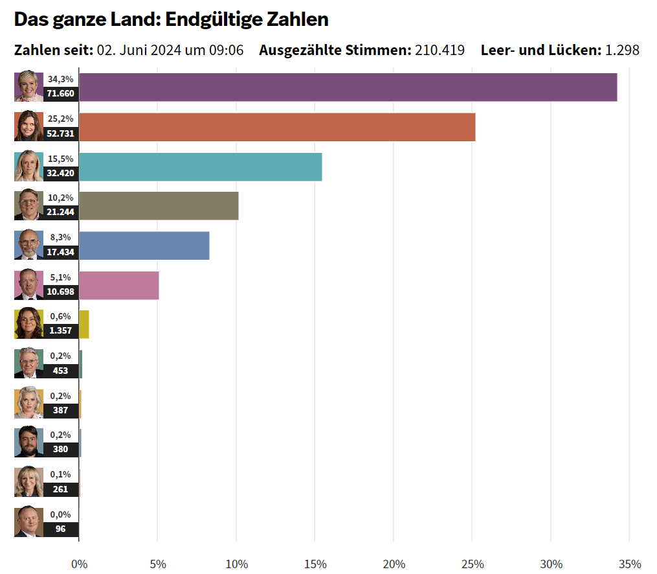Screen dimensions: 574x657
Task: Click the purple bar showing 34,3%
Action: click(348, 87)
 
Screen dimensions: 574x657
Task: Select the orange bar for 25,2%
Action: click(277, 127)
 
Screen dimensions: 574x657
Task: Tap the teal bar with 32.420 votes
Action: click(200, 167)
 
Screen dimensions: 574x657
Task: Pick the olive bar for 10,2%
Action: click(159, 206)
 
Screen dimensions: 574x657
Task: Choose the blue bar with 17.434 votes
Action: click(144, 246)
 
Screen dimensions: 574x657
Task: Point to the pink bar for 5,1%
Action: click(118, 286)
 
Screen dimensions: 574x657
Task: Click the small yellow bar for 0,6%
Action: click(84, 325)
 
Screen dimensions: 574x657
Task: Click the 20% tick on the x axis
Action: click(394, 564)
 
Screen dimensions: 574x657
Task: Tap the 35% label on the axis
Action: click(630, 564)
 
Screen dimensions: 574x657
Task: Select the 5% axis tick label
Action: click(158, 564)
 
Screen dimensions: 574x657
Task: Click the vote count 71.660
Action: click(61, 94)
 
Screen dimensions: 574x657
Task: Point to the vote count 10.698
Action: click(61, 292)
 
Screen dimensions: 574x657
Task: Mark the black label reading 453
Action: click(61, 371)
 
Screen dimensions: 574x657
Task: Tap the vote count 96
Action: click(61, 529)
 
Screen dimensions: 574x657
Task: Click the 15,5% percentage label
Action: click(61, 159)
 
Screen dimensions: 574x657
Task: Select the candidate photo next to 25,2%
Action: click(28, 127)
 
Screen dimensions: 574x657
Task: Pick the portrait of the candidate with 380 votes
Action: click(28, 442)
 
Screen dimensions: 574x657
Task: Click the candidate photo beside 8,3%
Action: click(28, 246)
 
